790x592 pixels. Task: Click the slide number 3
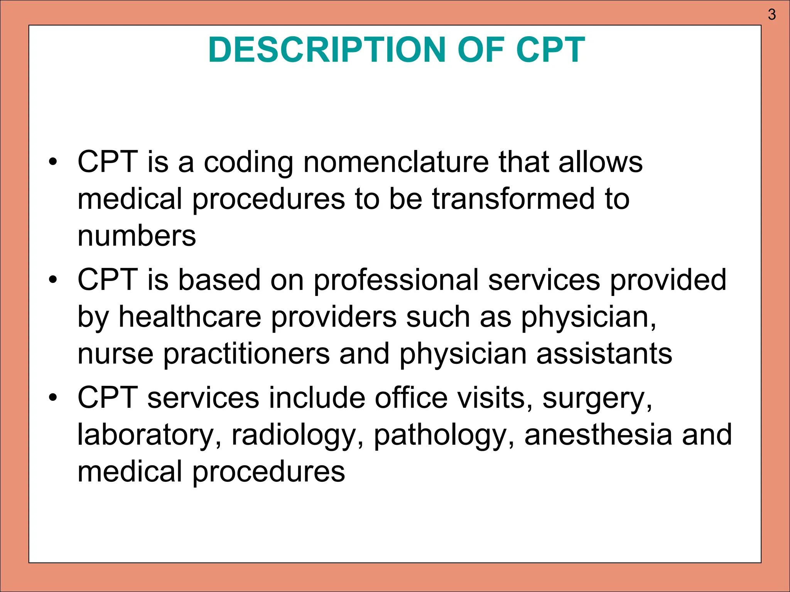tap(771, 15)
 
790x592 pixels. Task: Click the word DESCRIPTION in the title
tap(326, 50)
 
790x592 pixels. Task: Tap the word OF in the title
tap(481, 50)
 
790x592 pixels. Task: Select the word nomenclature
tap(396, 162)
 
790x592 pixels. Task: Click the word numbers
tap(137, 236)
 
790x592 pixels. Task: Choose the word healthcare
tap(190, 317)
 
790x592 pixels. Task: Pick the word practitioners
tap(246, 355)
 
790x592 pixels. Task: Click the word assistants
tap(604, 354)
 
